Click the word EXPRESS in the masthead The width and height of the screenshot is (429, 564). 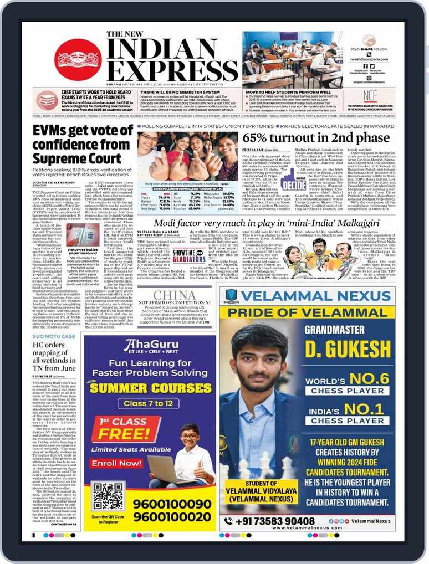coord(173,70)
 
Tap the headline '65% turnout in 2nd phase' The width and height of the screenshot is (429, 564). coord(316,138)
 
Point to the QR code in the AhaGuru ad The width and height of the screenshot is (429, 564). coord(108,496)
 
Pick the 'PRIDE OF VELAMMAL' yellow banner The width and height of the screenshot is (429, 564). coord(307,312)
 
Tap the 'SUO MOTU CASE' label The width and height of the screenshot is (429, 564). coord(54,336)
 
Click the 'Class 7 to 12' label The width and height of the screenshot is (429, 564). coord(148,403)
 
